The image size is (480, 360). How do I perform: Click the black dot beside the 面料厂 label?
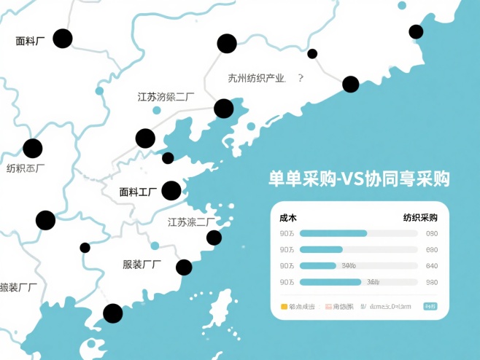(63, 39)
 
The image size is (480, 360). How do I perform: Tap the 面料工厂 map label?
(138, 192)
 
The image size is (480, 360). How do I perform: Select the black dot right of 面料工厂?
(171, 191)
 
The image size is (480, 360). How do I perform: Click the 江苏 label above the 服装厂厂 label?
(191, 222)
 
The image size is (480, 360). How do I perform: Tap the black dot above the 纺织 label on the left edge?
(33, 149)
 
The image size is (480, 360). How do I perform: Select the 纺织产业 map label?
(256, 78)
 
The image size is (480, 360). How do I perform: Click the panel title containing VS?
(358, 179)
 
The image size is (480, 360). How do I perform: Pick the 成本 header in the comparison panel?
(287, 217)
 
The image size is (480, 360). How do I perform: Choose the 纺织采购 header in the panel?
(420, 217)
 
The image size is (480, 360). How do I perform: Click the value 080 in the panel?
(432, 234)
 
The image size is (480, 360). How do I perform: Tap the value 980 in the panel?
(432, 282)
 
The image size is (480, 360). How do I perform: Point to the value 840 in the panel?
(432, 266)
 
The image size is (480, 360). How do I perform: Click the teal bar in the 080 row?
(333, 234)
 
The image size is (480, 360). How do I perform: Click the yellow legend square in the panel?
(284, 307)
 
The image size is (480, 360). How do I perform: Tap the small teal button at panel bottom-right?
(431, 307)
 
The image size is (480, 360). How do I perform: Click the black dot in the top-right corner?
(416, 31)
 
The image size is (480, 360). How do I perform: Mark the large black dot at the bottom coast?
(113, 313)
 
